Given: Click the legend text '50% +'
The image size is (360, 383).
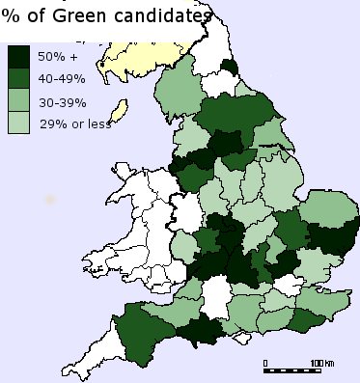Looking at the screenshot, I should [56, 57].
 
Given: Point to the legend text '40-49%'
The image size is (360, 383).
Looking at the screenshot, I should [61, 79].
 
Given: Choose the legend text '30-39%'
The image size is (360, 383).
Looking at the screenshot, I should [61, 101].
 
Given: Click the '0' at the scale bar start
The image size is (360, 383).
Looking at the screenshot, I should [265, 363].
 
